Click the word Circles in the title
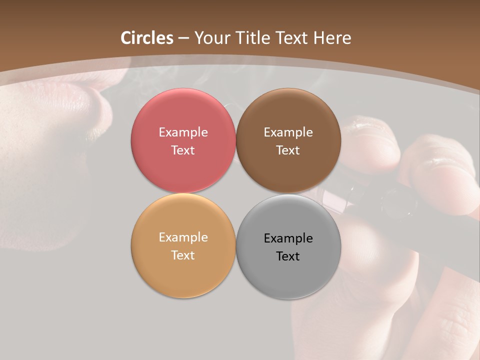[x=147, y=38]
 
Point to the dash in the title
[x=183, y=38]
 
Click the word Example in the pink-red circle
[x=183, y=132]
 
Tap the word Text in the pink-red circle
[x=183, y=150]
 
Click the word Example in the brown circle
[x=288, y=132]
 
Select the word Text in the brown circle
[x=288, y=150]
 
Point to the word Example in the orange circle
[x=183, y=237]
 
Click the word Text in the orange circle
[x=183, y=255]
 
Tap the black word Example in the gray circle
[x=288, y=238]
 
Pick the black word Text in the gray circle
[x=288, y=256]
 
